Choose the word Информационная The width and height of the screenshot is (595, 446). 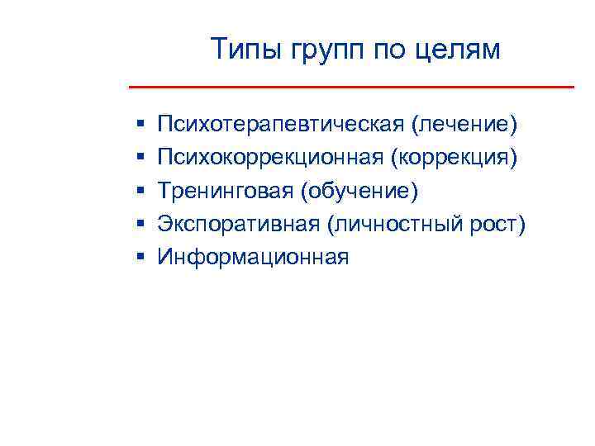254,257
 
